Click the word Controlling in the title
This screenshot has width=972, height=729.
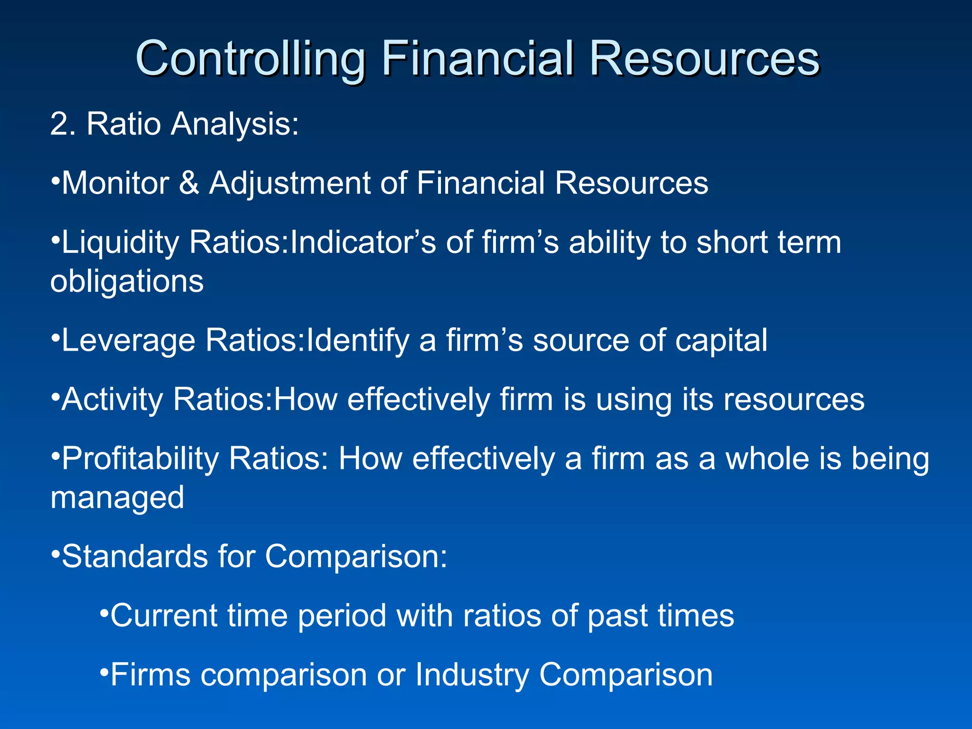(250, 59)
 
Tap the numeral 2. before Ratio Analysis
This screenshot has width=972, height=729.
(63, 124)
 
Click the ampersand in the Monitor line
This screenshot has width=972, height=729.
(189, 183)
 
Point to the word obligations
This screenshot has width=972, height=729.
(127, 281)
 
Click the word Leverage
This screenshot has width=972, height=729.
(128, 341)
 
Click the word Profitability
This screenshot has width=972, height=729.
(140, 459)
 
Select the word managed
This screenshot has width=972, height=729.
(117, 498)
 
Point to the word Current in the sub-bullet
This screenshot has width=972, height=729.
(164, 616)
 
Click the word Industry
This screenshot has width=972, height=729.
(472, 675)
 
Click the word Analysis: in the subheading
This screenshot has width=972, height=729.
(234, 124)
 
